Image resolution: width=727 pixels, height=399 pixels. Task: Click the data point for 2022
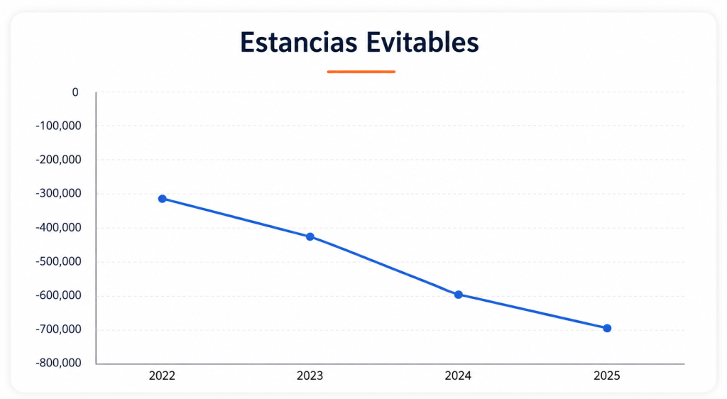(163, 199)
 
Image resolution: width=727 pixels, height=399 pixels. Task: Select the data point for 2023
(310, 237)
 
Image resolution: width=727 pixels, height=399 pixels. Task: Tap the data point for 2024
(459, 295)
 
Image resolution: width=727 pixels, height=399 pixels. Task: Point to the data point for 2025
(607, 328)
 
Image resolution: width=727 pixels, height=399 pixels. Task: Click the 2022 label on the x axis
(163, 376)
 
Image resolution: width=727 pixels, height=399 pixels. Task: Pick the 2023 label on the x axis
(310, 376)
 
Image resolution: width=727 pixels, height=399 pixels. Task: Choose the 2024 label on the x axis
(458, 376)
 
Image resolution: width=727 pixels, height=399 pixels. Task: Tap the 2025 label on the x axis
(607, 376)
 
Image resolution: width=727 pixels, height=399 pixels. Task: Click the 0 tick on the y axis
(75, 92)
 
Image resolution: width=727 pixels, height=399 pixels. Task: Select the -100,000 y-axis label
(58, 126)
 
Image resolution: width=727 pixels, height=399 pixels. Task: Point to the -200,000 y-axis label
(58, 160)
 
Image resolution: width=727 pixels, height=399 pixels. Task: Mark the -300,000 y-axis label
(58, 193)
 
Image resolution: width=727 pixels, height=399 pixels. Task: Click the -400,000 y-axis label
(58, 227)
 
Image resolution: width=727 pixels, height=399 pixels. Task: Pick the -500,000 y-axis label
(58, 261)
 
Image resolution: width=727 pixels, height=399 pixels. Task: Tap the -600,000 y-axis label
(58, 295)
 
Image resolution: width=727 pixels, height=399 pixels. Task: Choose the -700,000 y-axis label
(58, 329)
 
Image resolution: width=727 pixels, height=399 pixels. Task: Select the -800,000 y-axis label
(58, 363)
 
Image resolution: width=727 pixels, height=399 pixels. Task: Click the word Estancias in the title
(299, 42)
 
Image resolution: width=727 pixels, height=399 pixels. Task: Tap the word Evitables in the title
(422, 42)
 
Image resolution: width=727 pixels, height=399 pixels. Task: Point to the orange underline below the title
(361, 72)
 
